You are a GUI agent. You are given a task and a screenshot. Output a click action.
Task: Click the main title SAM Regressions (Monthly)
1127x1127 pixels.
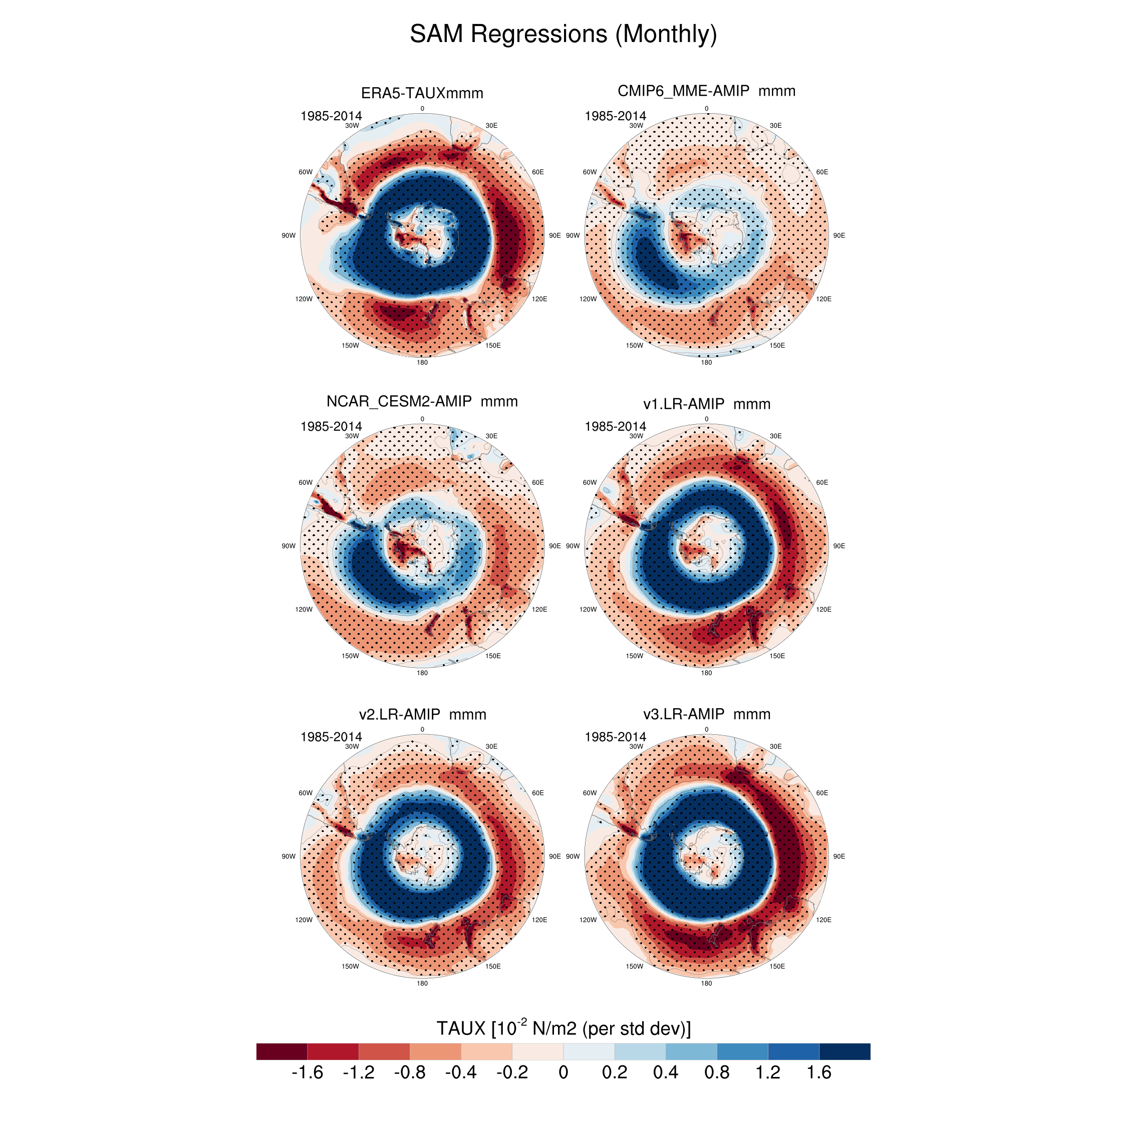click(x=563, y=34)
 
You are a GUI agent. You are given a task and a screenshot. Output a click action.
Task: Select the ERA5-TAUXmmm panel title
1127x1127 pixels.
click(x=422, y=93)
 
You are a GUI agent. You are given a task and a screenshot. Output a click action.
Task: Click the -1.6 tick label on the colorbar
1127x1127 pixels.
click(x=307, y=1072)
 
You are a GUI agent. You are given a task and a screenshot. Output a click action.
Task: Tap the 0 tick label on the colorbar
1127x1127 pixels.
click(x=563, y=1072)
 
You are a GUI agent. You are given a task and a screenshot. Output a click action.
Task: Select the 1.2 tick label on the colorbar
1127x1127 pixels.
click(x=768, y=1072)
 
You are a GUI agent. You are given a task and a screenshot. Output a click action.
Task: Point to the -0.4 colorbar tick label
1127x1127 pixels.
click(x=460, y=1072)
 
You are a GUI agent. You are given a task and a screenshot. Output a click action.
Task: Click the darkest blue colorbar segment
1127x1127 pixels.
click(x=844, y=1051)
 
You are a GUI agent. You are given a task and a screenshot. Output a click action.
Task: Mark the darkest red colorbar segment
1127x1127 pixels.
click(x=281, y=1051)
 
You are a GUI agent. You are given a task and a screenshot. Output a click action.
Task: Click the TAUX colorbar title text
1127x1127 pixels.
click(x=563, y=1028)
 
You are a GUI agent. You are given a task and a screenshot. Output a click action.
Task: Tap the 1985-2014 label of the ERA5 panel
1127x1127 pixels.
click(x=331, y=116)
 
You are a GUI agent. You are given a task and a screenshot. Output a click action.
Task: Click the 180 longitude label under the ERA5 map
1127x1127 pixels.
click(x=422, y=362)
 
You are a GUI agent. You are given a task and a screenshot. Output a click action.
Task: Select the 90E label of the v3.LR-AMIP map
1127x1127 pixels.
click(x=839, y=857)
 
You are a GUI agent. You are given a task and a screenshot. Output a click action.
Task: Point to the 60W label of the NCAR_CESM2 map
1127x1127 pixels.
click(x=305, y=482)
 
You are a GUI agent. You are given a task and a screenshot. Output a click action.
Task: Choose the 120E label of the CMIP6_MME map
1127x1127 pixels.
click(x=823, y=299)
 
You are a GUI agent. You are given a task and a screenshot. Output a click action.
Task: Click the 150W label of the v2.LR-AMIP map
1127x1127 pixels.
click(x=350, y=966)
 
